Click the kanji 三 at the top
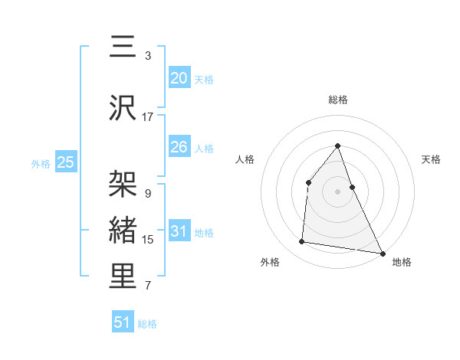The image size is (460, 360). point(123,47)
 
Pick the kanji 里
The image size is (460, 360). point(123,277)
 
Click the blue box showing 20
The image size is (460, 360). point(179,77)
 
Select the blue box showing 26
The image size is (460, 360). point(179,147)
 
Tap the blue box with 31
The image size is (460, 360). point(179,231)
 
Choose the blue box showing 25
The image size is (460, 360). point(65,162)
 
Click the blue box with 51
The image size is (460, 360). point(123,322)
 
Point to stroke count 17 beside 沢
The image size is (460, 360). point(148,117)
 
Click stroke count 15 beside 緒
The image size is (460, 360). point(148,240)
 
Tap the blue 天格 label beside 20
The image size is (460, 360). point(203,80)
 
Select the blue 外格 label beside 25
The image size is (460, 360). point(41,163)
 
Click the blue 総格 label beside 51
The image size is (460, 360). point(147,324)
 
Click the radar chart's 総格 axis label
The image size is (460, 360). point(337,100)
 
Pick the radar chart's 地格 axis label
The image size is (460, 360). point(402,262)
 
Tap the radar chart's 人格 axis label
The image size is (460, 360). point(245,159)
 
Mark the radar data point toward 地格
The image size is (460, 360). point(383,254)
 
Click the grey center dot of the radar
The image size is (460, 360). point(337,191)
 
